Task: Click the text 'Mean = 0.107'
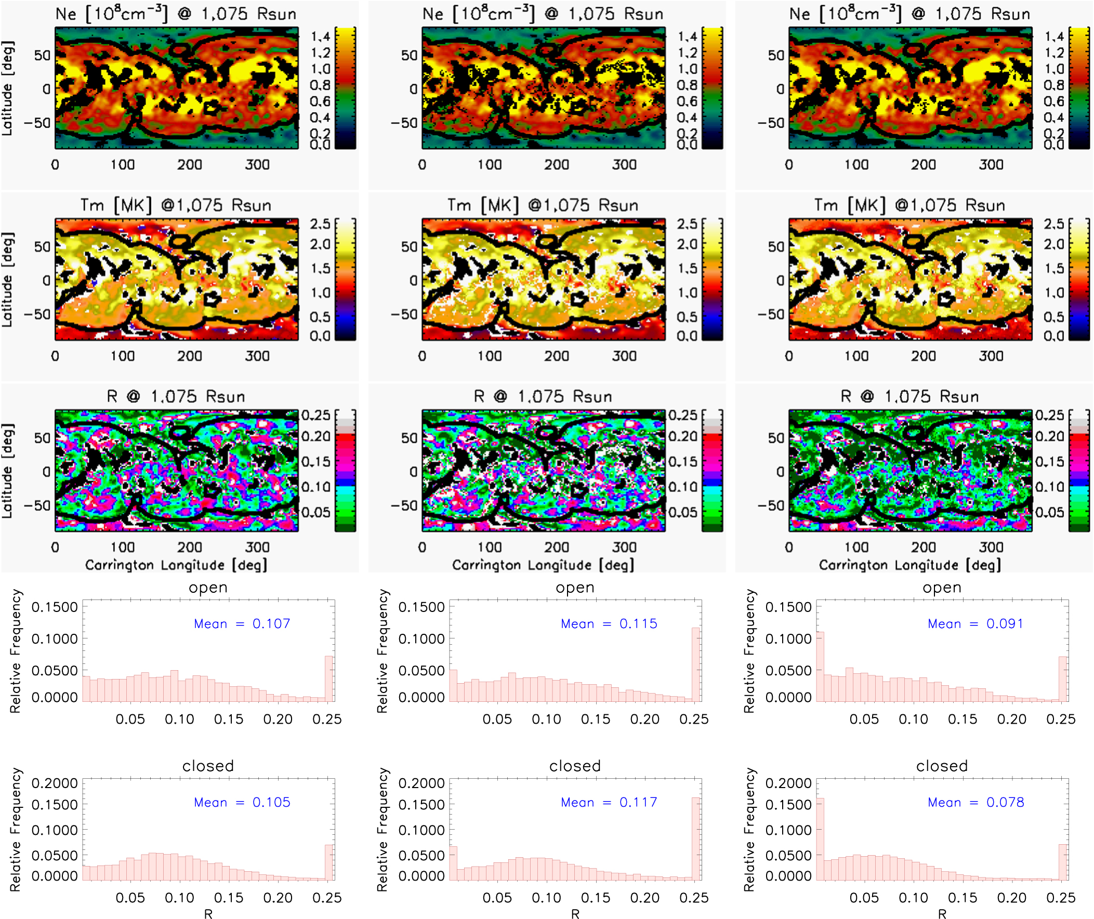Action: coord(242,623)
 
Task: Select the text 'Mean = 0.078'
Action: coord(976,802)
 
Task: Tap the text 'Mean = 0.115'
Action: coord(609,623)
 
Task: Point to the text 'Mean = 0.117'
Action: coord(609,802)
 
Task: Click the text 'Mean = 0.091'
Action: coord(976,623)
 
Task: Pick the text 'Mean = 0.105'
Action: coord(242,802)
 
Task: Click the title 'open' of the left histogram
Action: coord(208,588)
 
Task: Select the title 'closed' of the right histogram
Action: coord(942,766)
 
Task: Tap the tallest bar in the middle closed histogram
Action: coord(696,839)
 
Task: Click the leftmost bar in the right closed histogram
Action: coord(820,840)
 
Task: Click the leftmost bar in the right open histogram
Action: coord(820,667)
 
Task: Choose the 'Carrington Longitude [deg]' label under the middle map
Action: coord(543,565)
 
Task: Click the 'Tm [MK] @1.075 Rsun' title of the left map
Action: coord(176,205)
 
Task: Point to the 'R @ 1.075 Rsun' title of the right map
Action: coord(910,396)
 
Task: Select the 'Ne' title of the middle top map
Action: coord(543,14)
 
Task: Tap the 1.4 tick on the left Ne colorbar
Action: coord(321,36)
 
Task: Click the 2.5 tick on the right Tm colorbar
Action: coord(1053,224)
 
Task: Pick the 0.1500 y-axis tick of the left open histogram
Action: coord(54,607)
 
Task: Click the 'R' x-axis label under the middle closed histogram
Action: coord(575,913)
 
